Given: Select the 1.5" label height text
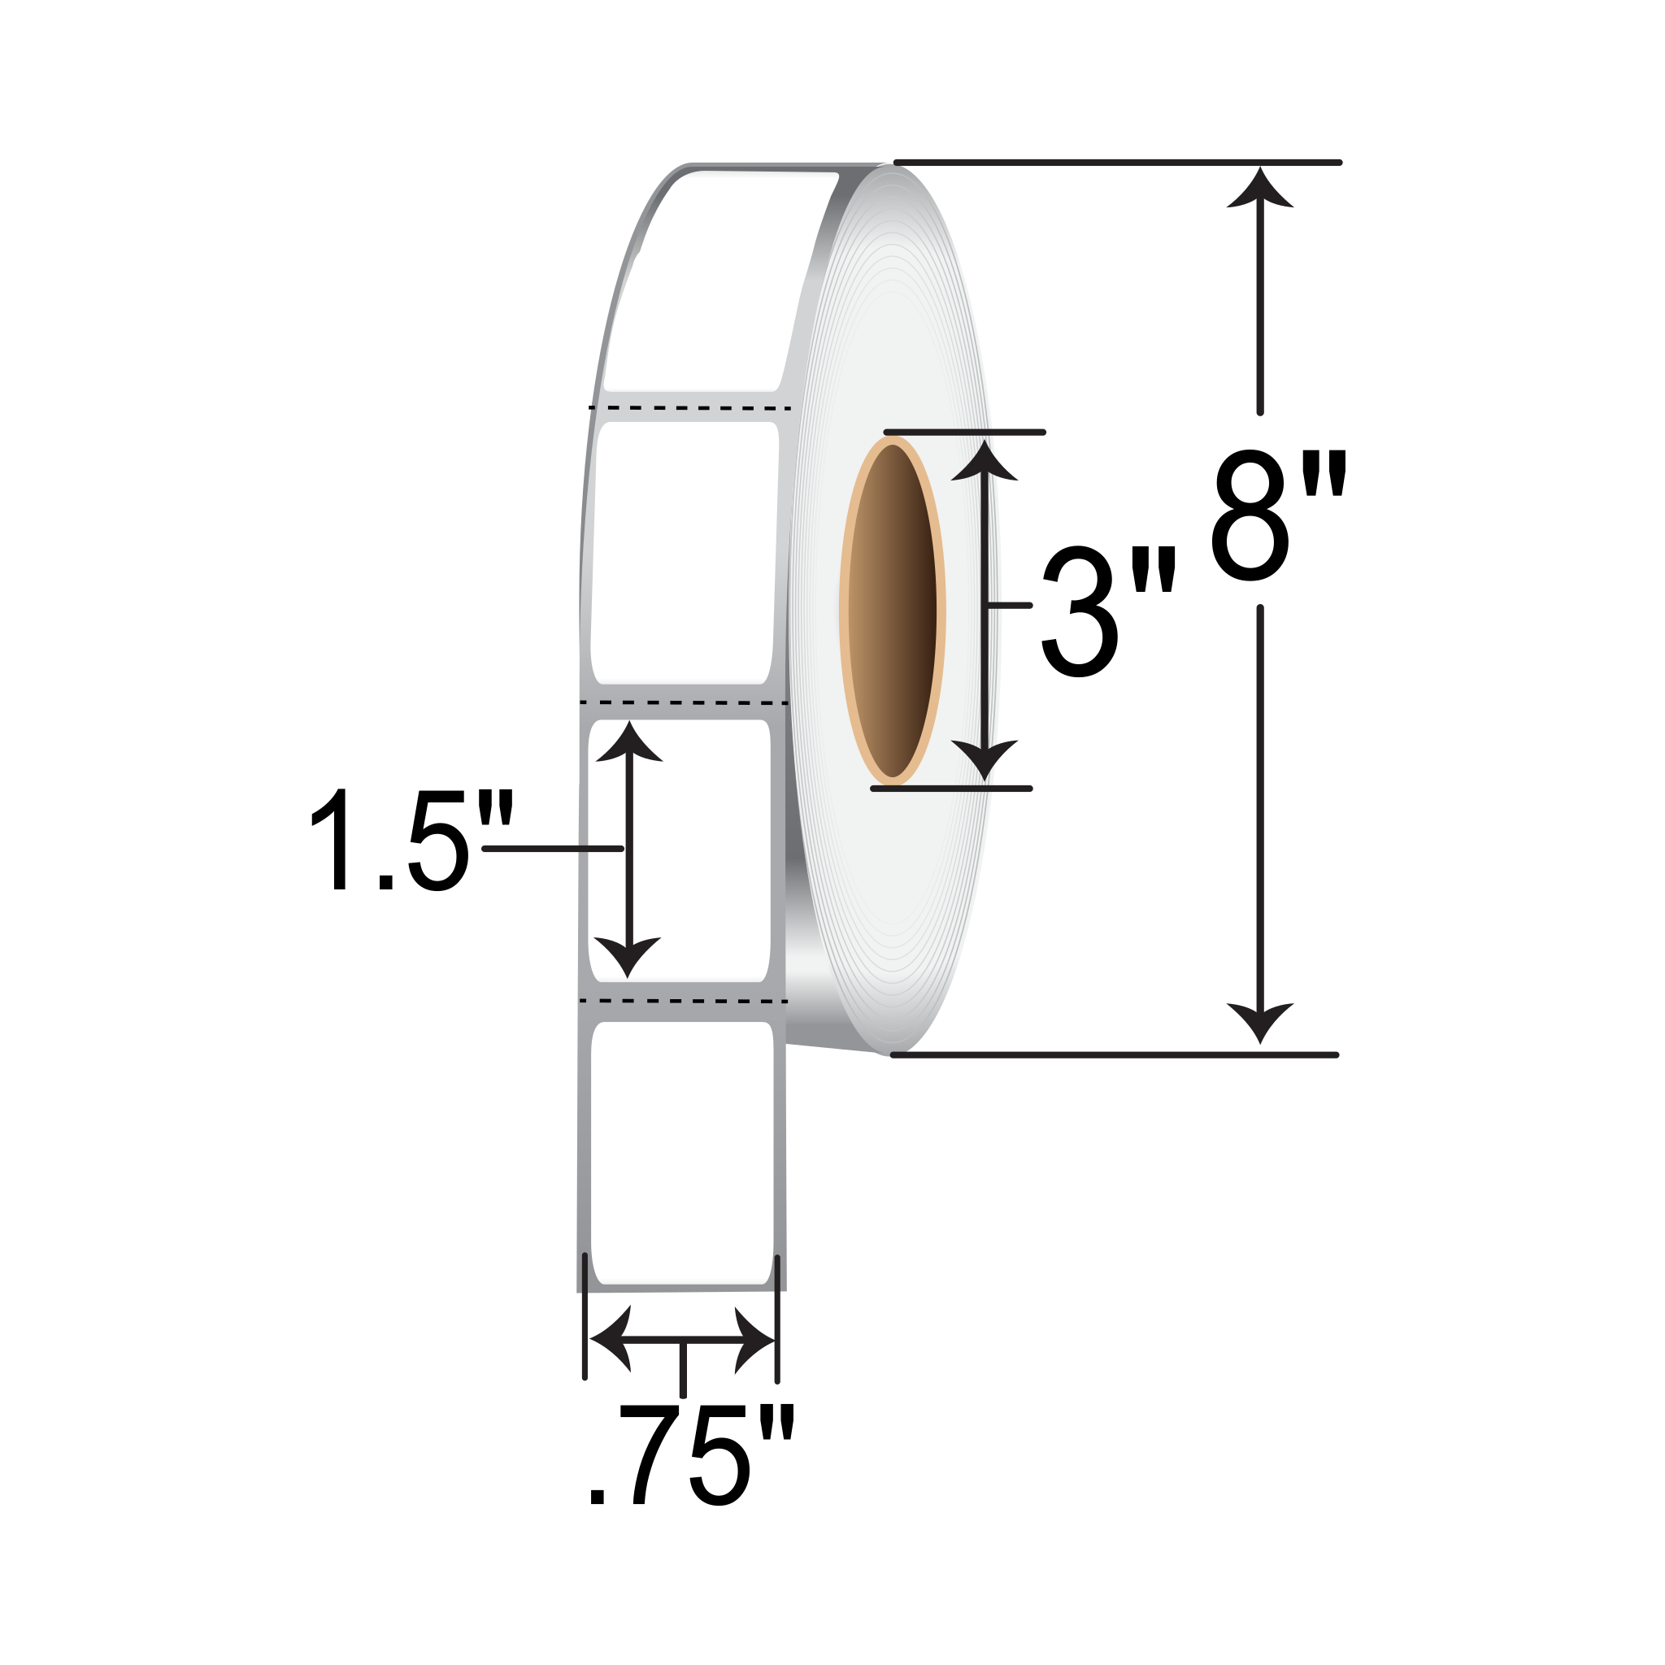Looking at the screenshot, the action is click(x=412, y=839).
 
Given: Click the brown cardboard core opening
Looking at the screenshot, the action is click(x=892, y=611).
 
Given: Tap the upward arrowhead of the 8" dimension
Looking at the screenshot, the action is click(x=1260, y=188).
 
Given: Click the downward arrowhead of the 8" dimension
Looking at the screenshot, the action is click(x=1260, y=1023).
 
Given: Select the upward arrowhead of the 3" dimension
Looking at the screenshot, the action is click(x=985, y=461).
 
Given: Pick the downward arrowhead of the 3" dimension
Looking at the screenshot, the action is click(x=985, y=760).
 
